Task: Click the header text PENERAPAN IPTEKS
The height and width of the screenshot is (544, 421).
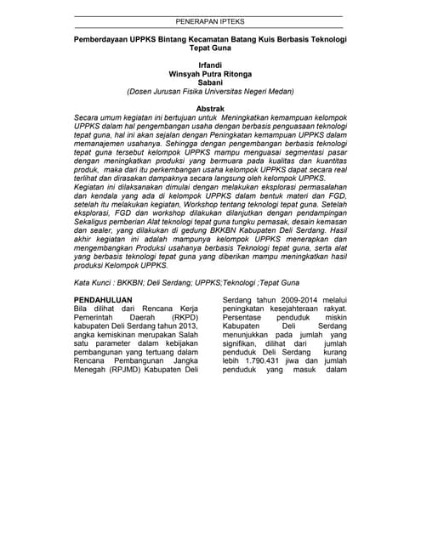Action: click(x=209, y=21)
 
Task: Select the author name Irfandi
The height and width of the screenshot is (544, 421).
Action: click(x=209, y=65)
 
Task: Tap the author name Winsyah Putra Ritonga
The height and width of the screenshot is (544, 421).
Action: click(x=209, y=73)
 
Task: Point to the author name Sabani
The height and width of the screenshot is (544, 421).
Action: click(x=209, y=82)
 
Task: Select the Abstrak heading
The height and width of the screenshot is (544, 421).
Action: click(x=209, y=109)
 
